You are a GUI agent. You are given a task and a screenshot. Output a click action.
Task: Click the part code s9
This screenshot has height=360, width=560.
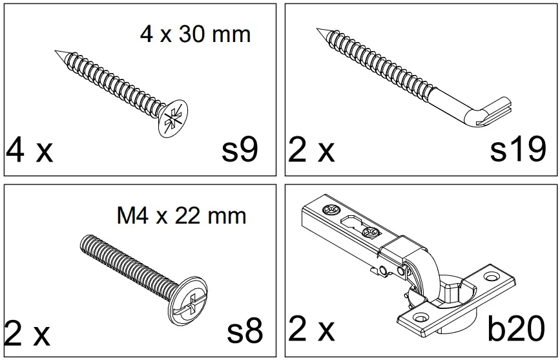tap(240, 150)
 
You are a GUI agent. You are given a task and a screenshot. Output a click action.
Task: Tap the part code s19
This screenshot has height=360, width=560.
tap(517, 150)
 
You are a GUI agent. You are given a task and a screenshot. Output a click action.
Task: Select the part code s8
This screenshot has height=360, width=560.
tap(245, 332)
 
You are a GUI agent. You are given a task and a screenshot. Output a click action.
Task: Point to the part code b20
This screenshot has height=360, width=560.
tap(515, 330)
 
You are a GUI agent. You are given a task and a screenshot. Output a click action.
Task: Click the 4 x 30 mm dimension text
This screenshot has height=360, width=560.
tap(195, 34)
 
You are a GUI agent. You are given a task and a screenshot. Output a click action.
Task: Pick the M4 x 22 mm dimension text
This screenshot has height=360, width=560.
tap(181, 215)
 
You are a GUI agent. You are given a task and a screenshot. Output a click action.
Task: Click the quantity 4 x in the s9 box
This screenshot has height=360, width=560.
tap(29, 151)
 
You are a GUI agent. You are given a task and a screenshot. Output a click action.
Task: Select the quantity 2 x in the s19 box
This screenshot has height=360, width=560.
tap(311, 151)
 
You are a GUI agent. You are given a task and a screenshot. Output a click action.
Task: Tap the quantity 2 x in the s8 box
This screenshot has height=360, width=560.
tap(27, 334)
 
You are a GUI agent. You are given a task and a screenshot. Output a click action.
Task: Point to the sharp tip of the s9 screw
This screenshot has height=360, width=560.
tap(57, 52)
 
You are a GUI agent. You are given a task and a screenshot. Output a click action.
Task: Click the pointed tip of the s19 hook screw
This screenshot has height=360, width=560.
tap(319, 30)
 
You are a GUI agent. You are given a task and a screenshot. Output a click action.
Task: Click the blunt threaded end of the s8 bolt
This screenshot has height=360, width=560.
tap(84, 242)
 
